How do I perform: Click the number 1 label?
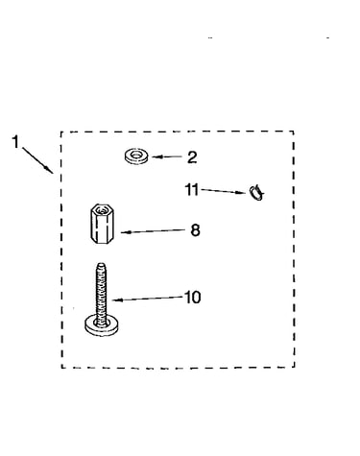[16, 142]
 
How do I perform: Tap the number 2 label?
[192, 157]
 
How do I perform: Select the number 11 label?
[192, 189]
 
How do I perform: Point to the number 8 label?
[195, 230]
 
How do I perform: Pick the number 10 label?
[193, 298]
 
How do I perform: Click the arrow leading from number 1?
[37, 160]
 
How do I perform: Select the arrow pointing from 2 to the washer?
[167, 156]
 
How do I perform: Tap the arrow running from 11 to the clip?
[224, 191]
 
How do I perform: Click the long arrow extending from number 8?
[153, 231]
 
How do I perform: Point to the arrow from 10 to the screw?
[148, 299]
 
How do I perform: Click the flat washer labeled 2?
[136, 156]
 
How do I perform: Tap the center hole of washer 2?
[136, 156]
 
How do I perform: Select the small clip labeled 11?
[256, 193]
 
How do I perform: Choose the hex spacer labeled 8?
[102, 224]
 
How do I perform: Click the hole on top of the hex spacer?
[102, 210]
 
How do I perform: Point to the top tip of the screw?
[102, 264]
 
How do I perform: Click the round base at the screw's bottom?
[102, 325]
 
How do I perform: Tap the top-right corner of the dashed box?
[294, 132]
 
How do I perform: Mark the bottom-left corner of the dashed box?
[61, 368]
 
